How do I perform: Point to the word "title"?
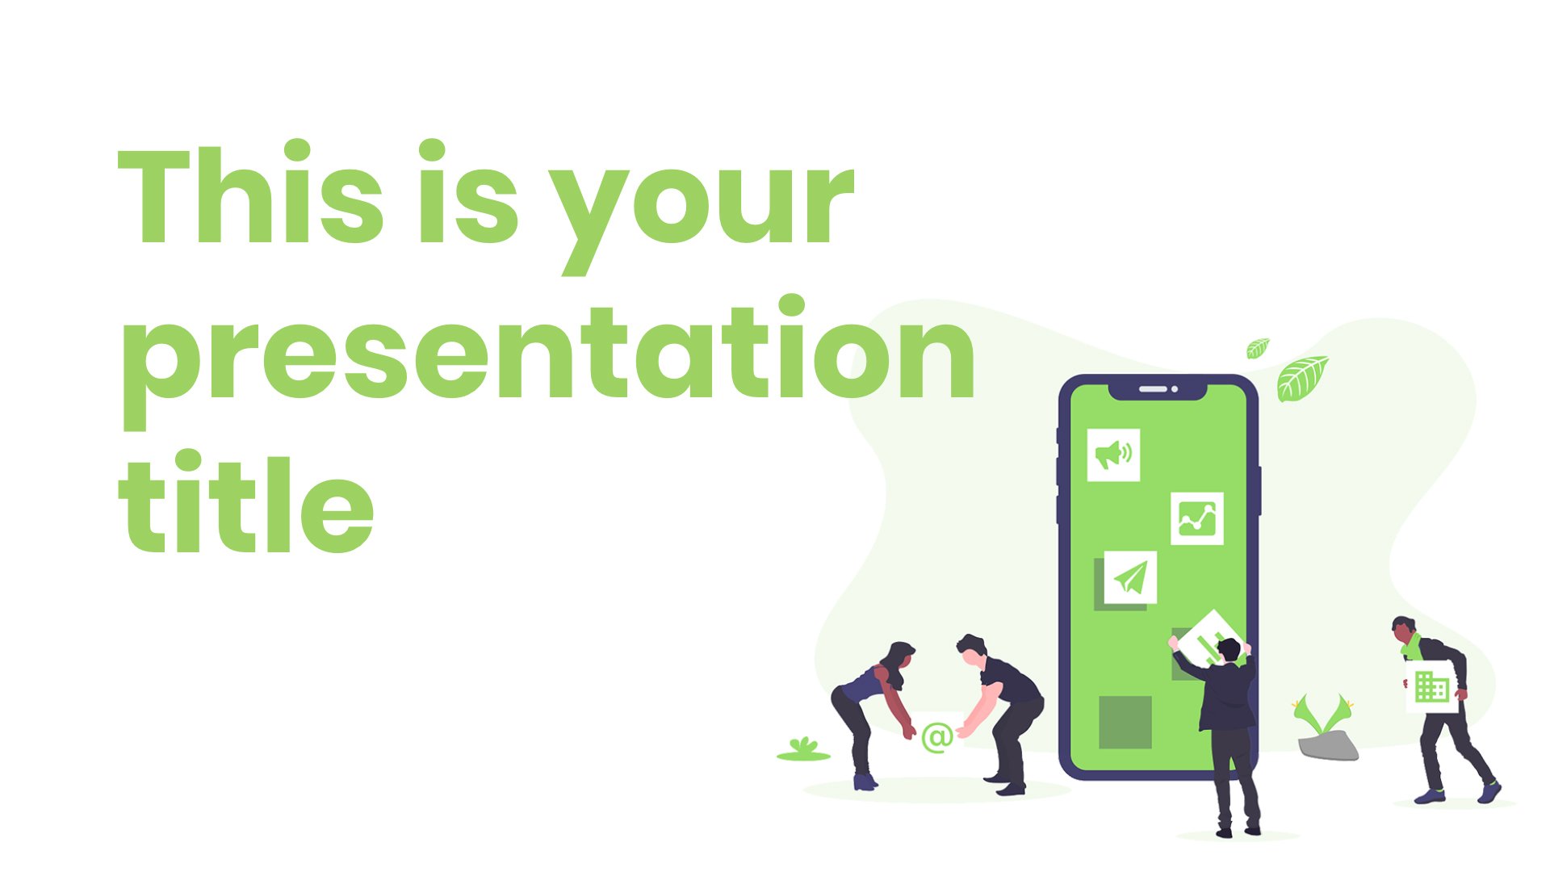[246, 501]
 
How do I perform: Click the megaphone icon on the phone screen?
[1113, 455]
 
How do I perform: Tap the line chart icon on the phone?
[1197, 518]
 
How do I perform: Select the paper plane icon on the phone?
[1130, 577]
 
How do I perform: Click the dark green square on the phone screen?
[1125, 722]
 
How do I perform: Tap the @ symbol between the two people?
[937, 737]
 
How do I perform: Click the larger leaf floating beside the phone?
[1301, 378]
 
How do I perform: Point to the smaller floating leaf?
[1258, 348]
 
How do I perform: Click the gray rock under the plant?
[1328, 746]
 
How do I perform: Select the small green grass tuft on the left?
[803, 749]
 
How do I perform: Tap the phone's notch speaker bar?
[1153, 389]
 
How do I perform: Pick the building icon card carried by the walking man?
[1431, 687]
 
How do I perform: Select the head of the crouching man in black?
[971, 648]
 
